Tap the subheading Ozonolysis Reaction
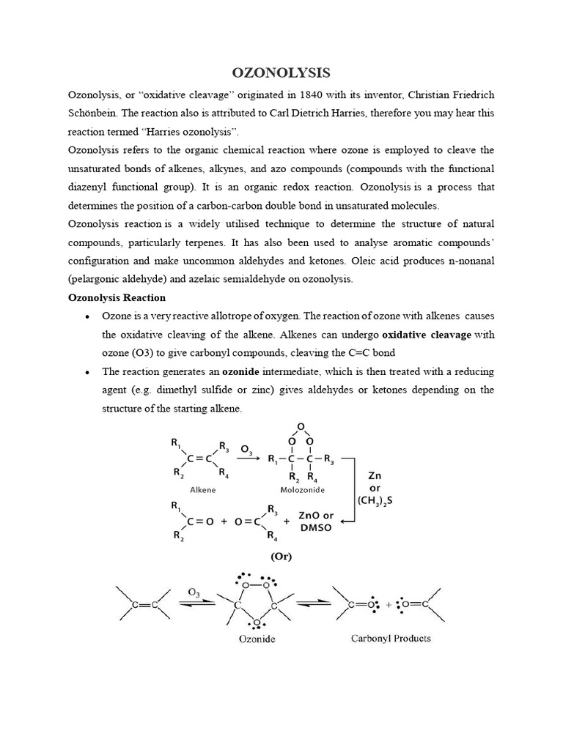[x=117, y=297]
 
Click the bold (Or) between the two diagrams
[x=281, y=556]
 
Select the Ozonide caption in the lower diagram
[x=257, y=639]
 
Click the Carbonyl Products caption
[x=389, y=638]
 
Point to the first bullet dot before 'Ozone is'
[x=87, y=316]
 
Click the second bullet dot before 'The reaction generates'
[x=87, y=372]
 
